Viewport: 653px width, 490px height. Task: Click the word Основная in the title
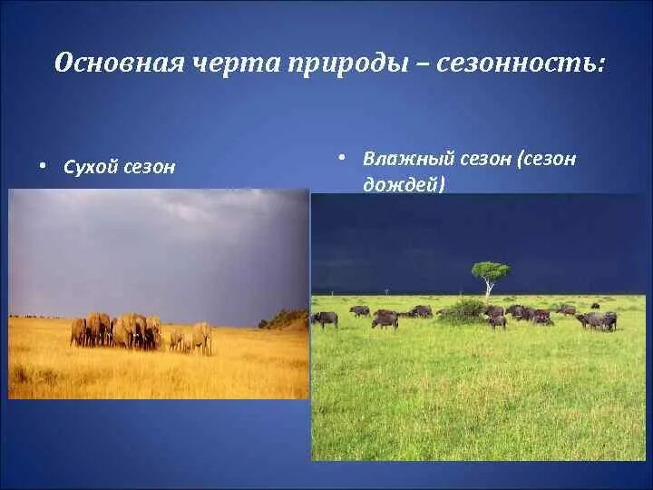click(120, 64)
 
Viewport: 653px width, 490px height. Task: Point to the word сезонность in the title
click(515, 64)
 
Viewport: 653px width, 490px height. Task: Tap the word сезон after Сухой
click(149, 168)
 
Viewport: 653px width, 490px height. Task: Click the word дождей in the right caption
click(401, 184)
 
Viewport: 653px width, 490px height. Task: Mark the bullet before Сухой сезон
click(42, 166)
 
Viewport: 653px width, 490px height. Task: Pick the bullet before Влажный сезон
click(342, 158)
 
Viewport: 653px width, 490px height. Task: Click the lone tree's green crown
click(491, 270)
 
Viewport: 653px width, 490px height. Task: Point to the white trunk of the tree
click(489, 288)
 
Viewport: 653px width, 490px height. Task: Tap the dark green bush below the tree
click(462, 311)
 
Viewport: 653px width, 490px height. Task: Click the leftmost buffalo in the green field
click(325, 319)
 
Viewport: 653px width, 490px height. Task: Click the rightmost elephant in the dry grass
click(203, 338)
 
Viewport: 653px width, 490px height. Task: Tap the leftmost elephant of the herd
click(78, 332)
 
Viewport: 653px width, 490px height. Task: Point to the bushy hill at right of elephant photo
click(284, 319)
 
